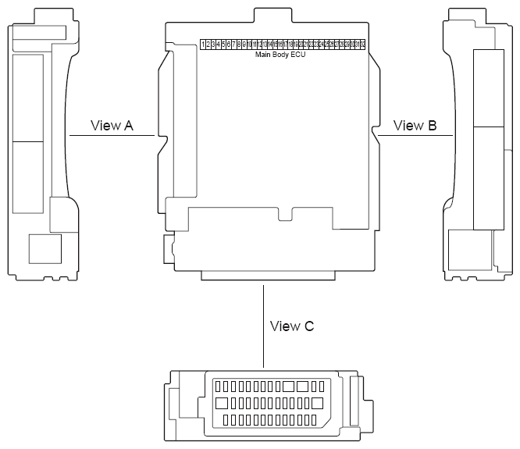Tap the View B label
[415, 125]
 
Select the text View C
[292, 326]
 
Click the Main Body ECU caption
[281, 55]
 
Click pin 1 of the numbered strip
[203, 45]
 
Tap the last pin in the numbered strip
[362, 45]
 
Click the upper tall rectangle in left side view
[29, 98]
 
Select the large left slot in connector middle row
[221, 404]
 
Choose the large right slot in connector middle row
[318, 404]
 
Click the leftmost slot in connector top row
[218, 387]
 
